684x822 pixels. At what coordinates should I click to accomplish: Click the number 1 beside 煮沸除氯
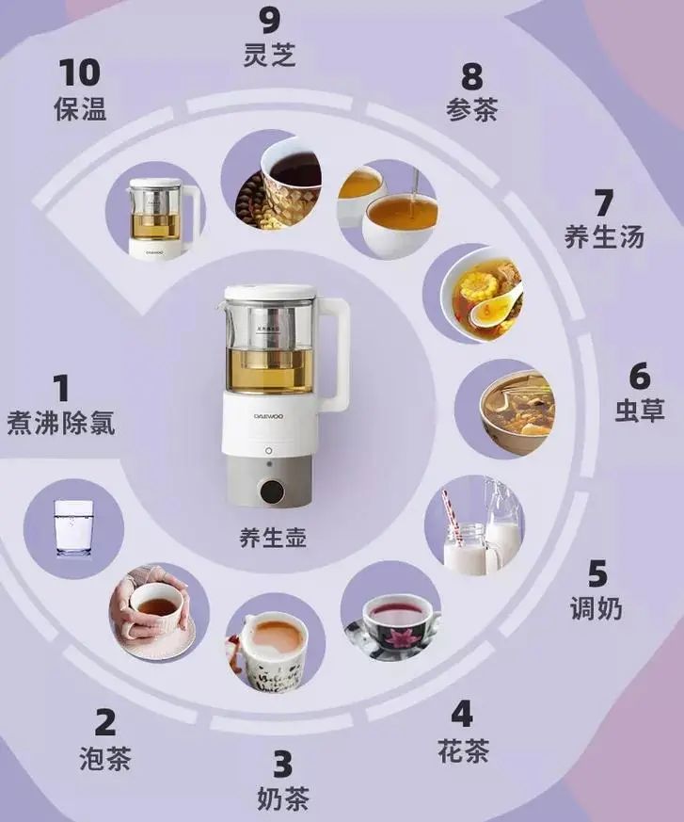(61, 387)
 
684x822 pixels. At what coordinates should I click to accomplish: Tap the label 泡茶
(105, 758)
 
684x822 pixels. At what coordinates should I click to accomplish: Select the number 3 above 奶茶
(283, 763)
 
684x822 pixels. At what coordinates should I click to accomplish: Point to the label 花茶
(463, 751)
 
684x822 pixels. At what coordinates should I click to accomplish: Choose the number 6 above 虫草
(640, 376)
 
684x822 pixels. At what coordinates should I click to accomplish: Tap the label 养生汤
(604, 235)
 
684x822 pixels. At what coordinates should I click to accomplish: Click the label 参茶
(471, 108)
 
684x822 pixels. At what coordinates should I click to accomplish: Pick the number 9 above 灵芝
(270, 18)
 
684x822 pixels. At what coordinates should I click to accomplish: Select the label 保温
(80, 108)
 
